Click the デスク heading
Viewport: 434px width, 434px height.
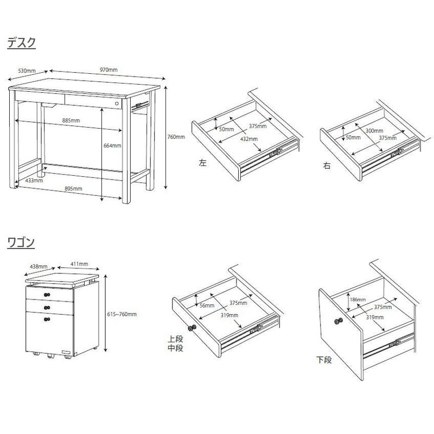[x=22, y=43]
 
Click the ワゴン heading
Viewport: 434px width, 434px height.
[x=21, y=242]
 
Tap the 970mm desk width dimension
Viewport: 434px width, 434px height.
[x=108, y=70]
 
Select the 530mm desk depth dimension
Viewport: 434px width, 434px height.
[x=27, y=71]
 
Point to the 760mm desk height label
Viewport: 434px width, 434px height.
[x=176, y=137]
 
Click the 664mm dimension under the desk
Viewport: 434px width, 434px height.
[x=112, y=145]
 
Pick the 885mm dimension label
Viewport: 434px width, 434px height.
[x=71, y=120]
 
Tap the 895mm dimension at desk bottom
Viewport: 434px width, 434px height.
[x=73, y=188]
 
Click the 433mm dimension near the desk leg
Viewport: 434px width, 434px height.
[x=34, y=181]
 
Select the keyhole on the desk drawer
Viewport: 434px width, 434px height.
[x=117, y=104]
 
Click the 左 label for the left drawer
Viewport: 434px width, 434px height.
[x=202, y=162]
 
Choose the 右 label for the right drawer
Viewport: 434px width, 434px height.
[x=327, y=165]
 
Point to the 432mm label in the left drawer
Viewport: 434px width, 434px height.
[x=249, y=139]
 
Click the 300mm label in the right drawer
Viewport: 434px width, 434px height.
[x=374, y=131]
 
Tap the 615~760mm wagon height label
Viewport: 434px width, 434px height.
[x=122, y=314]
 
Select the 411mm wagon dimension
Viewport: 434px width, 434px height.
[x=79, y=264]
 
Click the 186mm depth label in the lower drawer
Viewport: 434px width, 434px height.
[x=358, y=299]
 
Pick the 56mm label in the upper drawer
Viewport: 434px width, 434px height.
[x=207, y=305]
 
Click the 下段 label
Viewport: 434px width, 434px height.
[x=324, y=360]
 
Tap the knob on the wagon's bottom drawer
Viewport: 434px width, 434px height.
[x=47, y=320]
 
